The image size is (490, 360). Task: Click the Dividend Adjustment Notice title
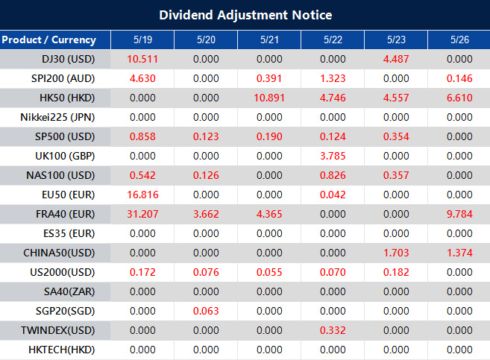(x=245, y=15)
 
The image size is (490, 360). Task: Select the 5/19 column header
(x=142, y=40)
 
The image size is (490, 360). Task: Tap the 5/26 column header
(x=459, y=40)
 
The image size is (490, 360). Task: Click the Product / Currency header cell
(x=48, y=40)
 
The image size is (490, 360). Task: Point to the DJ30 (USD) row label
(x=69, y=59)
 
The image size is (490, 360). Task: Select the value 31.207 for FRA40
(x=142, y=214)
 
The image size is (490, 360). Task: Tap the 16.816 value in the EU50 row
(x=142, y=195)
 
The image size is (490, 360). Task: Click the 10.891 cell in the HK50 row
(x=268, y=98)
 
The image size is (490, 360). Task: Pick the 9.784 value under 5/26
(x=459, y=214)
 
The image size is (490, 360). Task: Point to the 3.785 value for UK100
(x=332, y=156)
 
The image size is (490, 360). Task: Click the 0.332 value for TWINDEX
(x=332, y=330)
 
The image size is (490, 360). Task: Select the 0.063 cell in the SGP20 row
(x=205, y=311)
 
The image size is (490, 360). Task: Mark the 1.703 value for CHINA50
(x=395, y=253)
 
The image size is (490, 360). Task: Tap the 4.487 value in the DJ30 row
(x=395, y=59)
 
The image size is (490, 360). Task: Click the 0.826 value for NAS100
(x=332, y=175)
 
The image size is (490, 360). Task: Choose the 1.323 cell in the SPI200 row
(x=332, y=78)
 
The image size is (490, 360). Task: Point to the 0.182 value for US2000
(x=395, y=272)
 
